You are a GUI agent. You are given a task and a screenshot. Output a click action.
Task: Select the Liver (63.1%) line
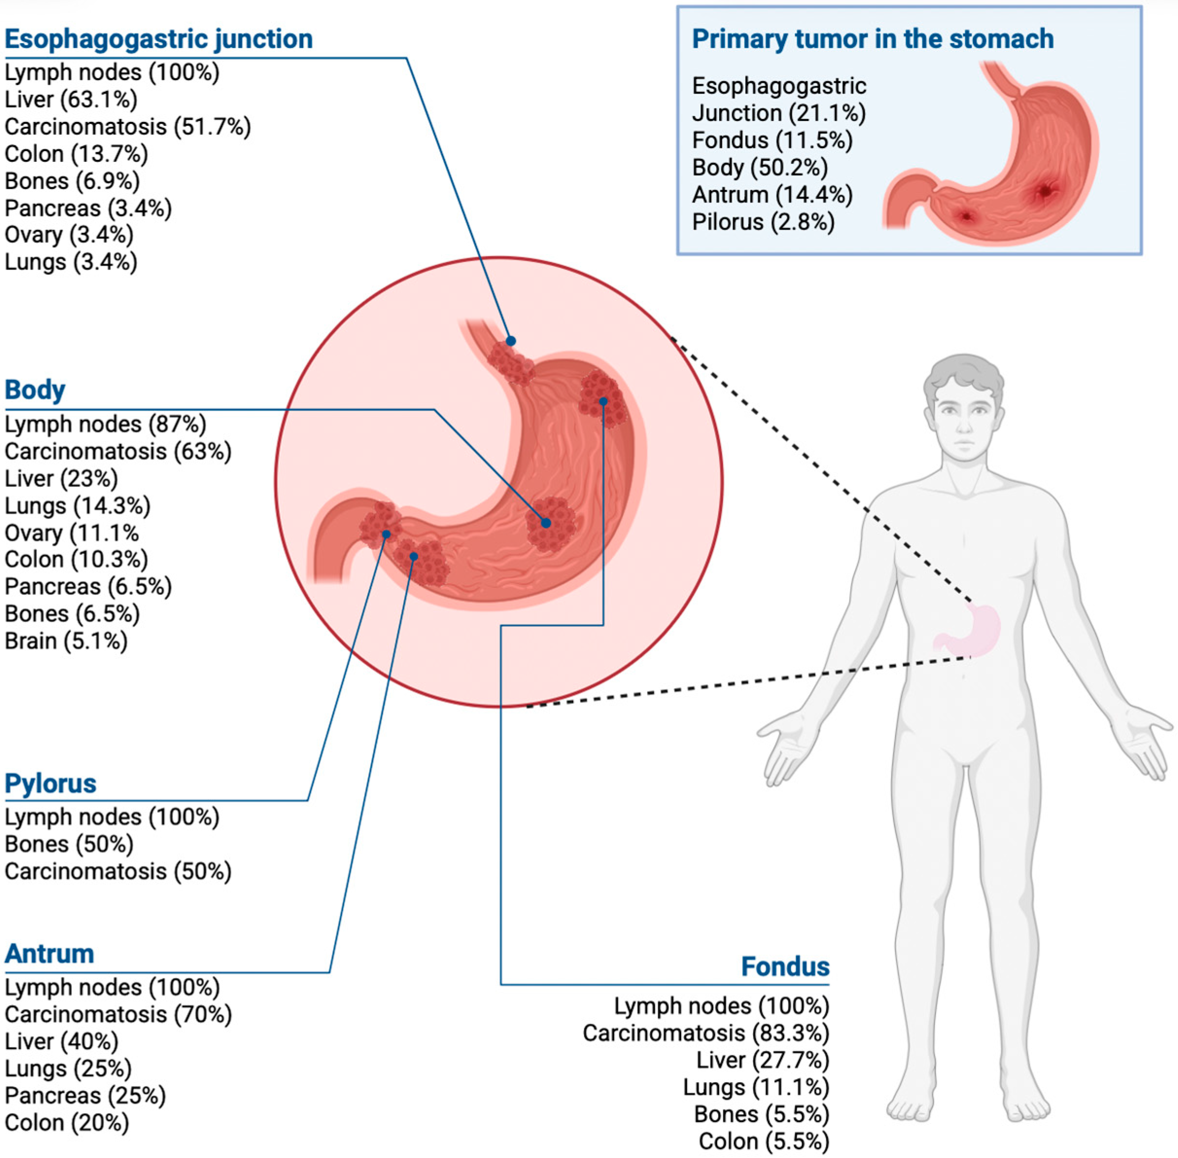pos(71,99)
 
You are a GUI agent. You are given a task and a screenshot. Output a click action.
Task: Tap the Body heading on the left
pos(34,390)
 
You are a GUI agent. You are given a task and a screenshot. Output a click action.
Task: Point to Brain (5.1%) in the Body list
pos(66,640)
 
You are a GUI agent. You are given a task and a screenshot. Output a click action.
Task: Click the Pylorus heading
pos(51,783)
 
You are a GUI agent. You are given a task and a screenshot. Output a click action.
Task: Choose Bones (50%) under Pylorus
pos(68,844)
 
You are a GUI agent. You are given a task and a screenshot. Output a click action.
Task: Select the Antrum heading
pos(49,953)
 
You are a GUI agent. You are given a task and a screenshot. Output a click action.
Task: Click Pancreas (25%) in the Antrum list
pos(85,1095)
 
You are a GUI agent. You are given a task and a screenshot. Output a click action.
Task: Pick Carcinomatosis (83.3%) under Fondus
pos(706,1033)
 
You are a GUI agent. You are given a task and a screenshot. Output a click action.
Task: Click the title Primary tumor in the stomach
pos(872,39)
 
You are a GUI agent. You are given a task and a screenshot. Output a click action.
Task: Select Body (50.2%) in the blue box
pos(760,167)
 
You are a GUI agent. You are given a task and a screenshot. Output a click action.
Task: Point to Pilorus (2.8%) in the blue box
pos(763,222)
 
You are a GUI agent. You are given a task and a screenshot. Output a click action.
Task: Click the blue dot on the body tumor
pos(546,522)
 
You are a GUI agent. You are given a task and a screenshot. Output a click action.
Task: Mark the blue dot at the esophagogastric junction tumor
pos(511,341)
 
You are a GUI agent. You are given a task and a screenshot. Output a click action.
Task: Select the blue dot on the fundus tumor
pos(603,401)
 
